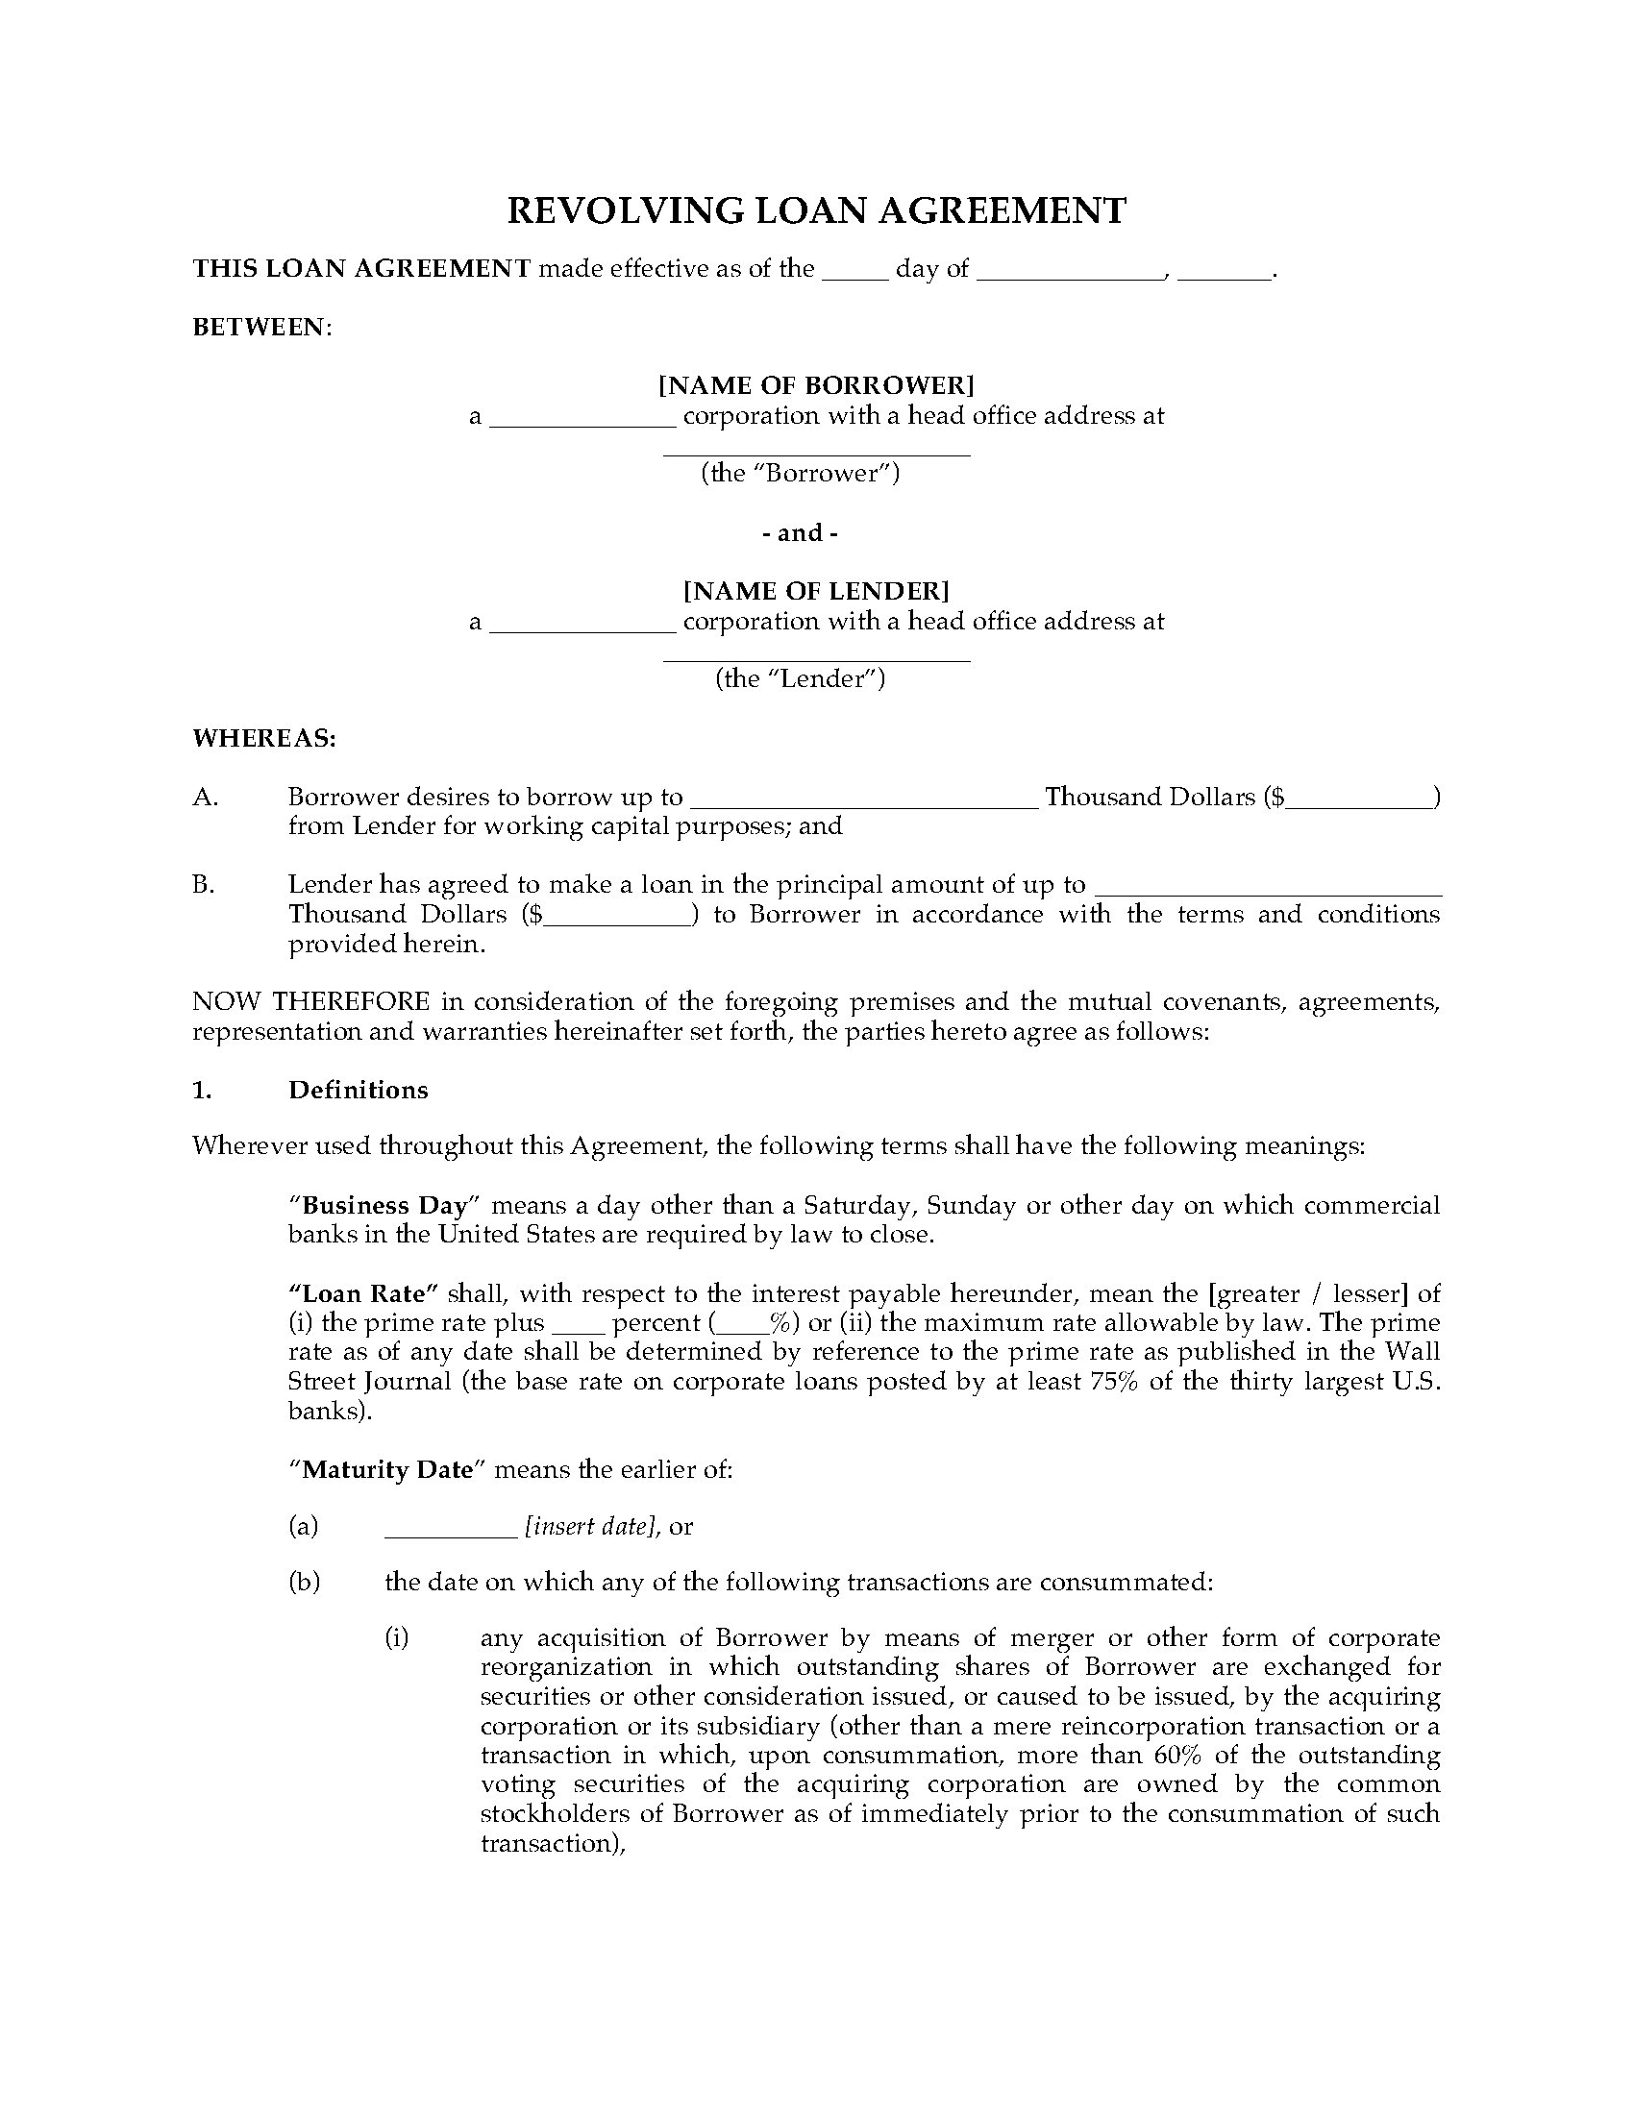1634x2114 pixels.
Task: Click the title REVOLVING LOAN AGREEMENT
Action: pyautogui.click(x=816, y=211)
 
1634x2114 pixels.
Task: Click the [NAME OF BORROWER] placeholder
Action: pyautogui.click(x=816, y=385)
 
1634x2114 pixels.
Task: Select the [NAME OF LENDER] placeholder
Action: pyautogui.click(x=816, y=590)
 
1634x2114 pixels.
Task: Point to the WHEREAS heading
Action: pyautogui.click(x=263, y=739)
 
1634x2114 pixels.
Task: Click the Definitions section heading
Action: pyautogui.click(x=359, y=1090)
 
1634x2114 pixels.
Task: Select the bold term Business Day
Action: pyautogui.click(x=385, y=1205)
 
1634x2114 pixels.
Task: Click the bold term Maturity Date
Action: pyautogui.click(x=387, y=1469)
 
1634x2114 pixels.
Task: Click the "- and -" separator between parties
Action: pyautogui.click(x=800, y=532)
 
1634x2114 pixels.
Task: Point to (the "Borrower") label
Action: pyautogui.click(x=800, y=474)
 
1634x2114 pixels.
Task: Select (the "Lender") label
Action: pyautogui.click(x=800, y=678)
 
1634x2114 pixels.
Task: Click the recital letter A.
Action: pyautogui.click(x=206, y=797)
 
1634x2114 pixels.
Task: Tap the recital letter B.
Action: pyautogui.click(x=203, y=884)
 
